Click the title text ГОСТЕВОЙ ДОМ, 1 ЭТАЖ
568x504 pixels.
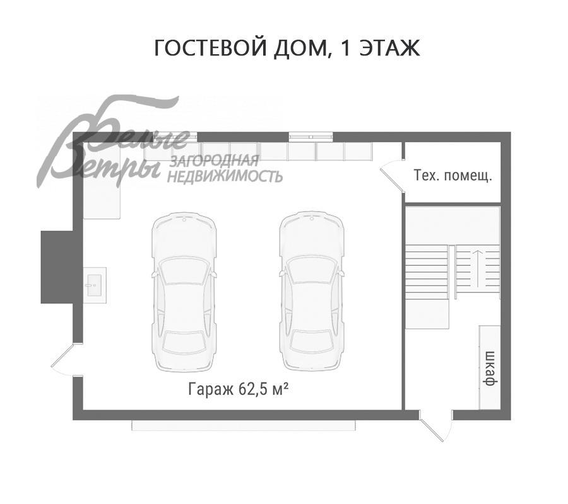coord(287,49)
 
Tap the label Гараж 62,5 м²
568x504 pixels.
coord(238,389)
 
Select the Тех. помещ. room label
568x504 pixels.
coord(452,175)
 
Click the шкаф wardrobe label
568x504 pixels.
coord(488,366)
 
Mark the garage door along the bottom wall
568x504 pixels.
coord(243,426)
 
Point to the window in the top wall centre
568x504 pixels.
coord(311,135)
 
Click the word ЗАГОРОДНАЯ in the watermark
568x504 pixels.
coord(215,161)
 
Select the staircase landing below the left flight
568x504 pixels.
coord(427,313)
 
